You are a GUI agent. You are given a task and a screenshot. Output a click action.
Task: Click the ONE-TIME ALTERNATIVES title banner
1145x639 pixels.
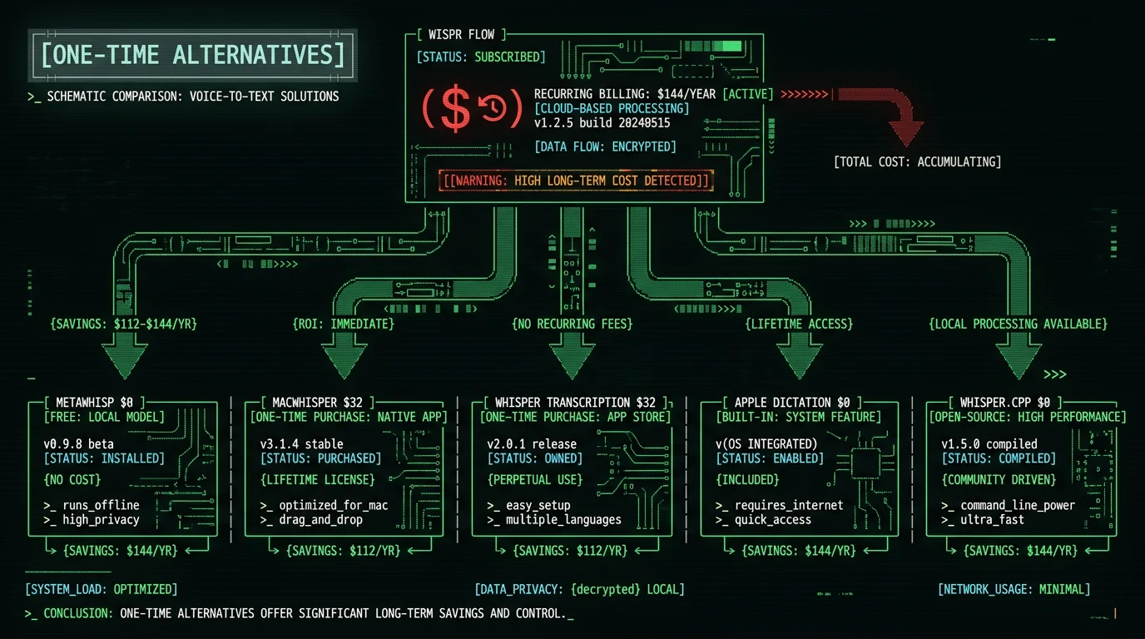[x=193, y=55]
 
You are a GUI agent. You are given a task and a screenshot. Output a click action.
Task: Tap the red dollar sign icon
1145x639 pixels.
[x=454, y=108]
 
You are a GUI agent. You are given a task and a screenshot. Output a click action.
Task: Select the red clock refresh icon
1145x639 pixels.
[x=492, y=107]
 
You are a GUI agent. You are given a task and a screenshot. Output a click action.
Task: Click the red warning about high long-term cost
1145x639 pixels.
[x=576, y=181]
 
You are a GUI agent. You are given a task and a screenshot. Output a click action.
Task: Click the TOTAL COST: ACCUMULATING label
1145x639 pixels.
[x=917, y=162]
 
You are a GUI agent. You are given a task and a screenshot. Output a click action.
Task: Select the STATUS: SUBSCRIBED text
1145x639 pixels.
[x=481, y=57]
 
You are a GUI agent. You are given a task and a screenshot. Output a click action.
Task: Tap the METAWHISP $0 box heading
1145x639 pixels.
[x=95, y=403]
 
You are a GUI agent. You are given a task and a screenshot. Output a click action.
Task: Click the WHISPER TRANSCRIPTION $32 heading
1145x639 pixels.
[x=575, y=403]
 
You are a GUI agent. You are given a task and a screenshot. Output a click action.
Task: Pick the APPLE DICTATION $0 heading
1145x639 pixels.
[x=792, y=403]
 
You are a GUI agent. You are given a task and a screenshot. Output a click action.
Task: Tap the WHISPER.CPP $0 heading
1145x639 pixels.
[x=1005, y=403]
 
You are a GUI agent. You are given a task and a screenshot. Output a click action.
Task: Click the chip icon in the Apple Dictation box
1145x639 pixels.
[x=865, y=463]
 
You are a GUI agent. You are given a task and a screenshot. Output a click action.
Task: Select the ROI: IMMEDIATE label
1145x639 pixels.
[x=343, y=324]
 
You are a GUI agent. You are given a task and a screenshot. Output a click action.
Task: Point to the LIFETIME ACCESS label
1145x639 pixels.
[x=799, y=324]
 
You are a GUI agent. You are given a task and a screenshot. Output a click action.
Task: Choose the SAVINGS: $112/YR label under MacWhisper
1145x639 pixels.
[x=343, y=551]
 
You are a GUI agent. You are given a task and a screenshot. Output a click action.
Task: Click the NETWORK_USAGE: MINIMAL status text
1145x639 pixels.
[x=1014, y=589]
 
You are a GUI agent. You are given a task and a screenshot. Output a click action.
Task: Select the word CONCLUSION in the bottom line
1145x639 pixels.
[x=77, y=613]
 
